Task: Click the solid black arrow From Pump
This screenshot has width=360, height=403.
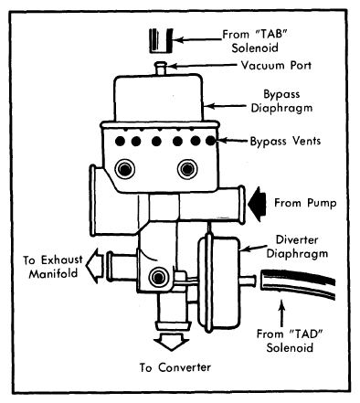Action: click(x=257, y=204)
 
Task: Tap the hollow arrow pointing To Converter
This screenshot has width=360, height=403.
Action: click(x=171, y=341)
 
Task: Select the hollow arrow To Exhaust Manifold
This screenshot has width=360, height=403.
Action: click(x=95, y=266)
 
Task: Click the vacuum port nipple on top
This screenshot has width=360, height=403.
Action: click(x=161, y=68)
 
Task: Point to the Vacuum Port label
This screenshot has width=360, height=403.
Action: click(x=276, y=65)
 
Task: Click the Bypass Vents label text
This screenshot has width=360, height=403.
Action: click(x=285, y=141)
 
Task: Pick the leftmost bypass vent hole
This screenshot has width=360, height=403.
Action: click(x=120, y=141)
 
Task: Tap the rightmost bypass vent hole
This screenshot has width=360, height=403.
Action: click(x=210, y=141)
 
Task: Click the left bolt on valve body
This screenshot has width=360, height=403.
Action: click(x=125, y=169)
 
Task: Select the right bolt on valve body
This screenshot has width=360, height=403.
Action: click(x=187, y=169)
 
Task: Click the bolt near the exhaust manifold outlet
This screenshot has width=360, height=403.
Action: click(x=158, y=277)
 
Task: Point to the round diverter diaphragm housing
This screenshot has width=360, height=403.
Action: click(x=218, y=284)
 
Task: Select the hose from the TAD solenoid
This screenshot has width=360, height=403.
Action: click(x=298, y=283)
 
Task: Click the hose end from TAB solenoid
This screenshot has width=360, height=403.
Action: click(x=161, y=40)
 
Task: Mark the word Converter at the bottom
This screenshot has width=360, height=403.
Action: click(x=185, y=367)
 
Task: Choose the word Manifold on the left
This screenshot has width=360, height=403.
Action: click(x=53, y=273)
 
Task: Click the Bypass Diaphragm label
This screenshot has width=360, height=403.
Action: click(x=281, y=101)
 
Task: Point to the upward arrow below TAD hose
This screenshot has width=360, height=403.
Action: click(x=282, y=313)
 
